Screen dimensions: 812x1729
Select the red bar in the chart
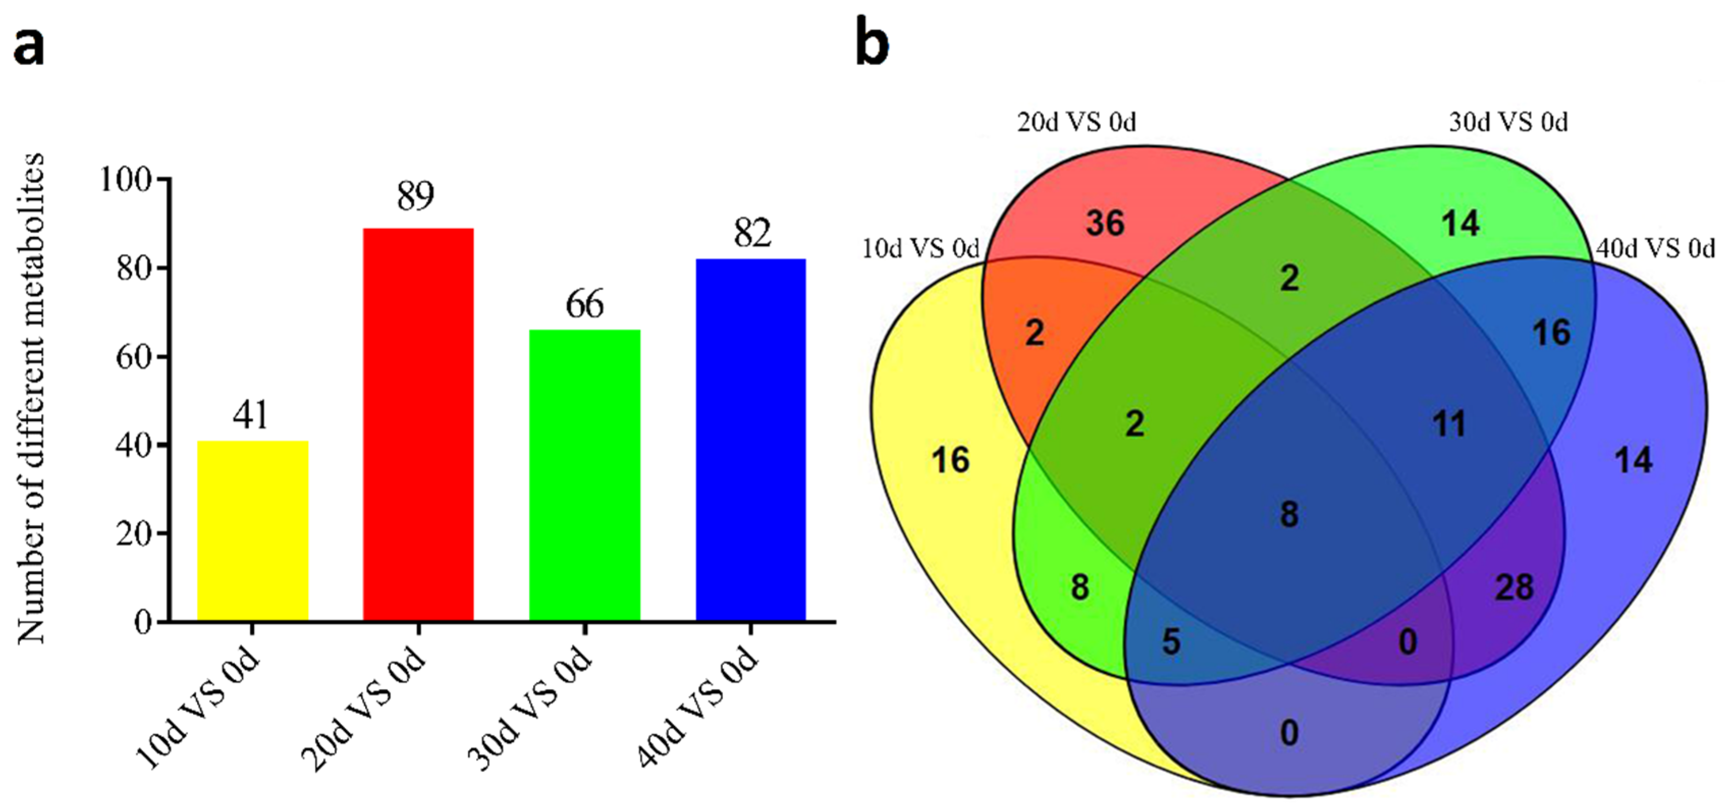coord(418,424)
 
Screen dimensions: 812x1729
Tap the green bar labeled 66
coord(585,474)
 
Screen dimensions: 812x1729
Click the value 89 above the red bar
coord(416,196)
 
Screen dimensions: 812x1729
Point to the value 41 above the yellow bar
coord(251,415)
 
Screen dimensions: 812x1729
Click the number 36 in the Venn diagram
coord(1105,223)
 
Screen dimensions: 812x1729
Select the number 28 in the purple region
coord(1514,588)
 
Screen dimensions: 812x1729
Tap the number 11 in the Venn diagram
coord(1449,424)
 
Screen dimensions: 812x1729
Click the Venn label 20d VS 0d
coord(1077,123)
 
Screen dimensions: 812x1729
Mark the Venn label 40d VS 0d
coord(1655,249)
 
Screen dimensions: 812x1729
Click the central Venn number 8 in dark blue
coord(1288,515)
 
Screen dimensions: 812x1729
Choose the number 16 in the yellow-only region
coord(950,460)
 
